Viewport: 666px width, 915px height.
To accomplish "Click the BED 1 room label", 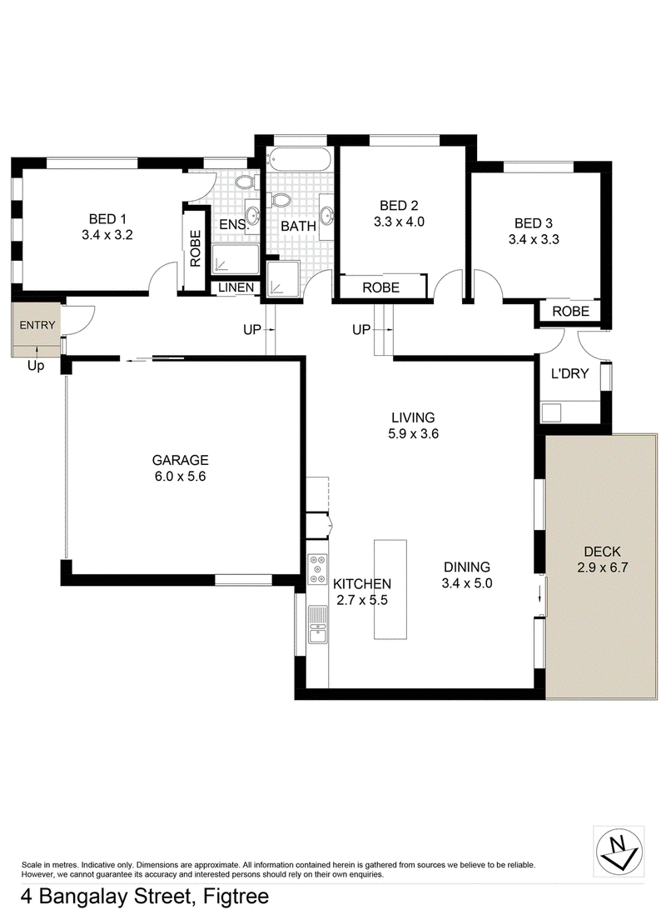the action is tap(107, 219).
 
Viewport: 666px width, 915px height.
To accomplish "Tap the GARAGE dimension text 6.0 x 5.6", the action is tap(180, 476).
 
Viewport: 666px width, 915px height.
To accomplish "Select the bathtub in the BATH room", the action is tap(299, 159).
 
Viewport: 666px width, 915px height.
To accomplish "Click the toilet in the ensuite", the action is tap(245, 182).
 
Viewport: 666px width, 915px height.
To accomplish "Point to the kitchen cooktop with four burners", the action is tap(318, 569).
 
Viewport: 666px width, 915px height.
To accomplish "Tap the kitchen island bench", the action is tap(390, 589).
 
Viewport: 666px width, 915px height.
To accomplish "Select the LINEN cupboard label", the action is tap(236, 287).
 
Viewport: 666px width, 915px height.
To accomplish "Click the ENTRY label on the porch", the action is tap(37, 325).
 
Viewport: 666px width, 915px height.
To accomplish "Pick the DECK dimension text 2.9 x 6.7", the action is tap(603, 567).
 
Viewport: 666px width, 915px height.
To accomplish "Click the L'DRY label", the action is tap(569, 373).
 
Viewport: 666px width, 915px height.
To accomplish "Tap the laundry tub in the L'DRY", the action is tap(551, 412).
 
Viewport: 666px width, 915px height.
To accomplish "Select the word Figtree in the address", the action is tap(236, 897).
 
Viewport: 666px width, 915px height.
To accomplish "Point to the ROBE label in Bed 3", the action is tap(571, 312).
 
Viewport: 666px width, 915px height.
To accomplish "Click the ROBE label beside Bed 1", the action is tap(196, 248).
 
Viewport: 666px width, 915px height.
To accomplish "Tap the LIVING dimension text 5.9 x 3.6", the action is tap(414, 433).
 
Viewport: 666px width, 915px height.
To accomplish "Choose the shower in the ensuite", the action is tap(235, 259).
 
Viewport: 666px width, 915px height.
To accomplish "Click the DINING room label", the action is tap(467, 567).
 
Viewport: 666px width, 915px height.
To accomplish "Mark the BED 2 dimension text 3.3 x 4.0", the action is tap(399, 222).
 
